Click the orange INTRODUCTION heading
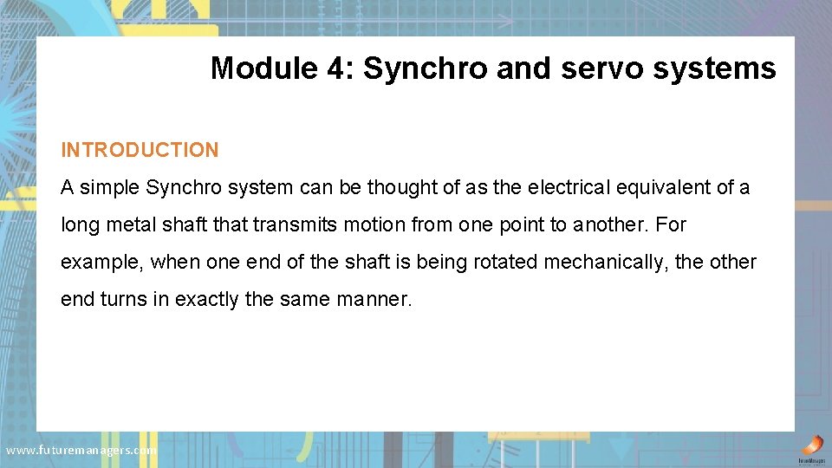pyautogui.click(x=140, y=150)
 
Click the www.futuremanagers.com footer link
pyautogui.click(x=81, y=450)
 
